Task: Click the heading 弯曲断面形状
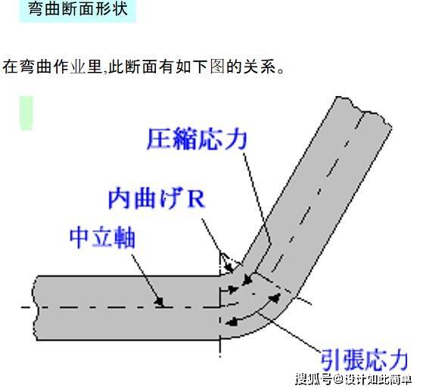(x=78, y=9)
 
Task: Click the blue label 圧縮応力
(x=197, y=139)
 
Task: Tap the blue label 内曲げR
(x=157, y=199)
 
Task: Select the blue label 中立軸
(x=102, y=238)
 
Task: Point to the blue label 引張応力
(x=364, y=359)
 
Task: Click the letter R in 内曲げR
(x=197, y=200)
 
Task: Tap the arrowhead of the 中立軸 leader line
(x=160, y=302)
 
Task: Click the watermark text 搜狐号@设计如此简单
(x=353, y=380)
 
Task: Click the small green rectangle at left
(x=26, y=113)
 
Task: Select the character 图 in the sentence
(x=217, y=67)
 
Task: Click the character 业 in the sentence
(x=78, y=67)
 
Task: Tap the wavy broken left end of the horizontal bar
(x=35, y=307)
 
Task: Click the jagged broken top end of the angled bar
(x=362, y=110)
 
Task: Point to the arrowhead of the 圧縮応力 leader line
(x=247, y=279)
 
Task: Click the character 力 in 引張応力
(x=397, y=359)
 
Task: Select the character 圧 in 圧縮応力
(x=159, y=139)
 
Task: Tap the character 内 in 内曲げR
(x=120, y=199)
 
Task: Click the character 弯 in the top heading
(x=36, y=9)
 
